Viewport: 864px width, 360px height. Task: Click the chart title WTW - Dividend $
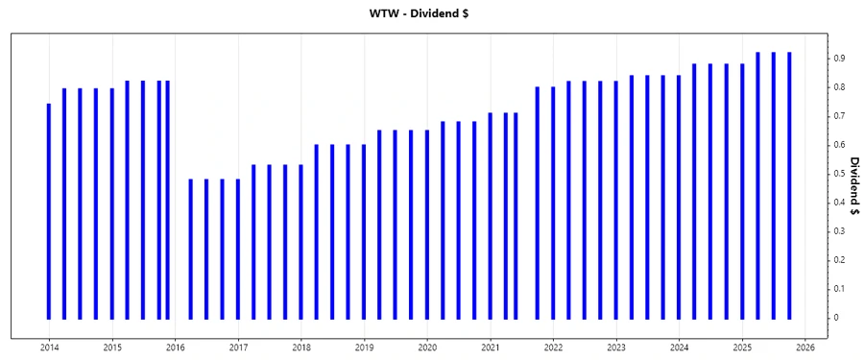pos(431,13)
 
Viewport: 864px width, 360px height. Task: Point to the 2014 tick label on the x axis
pos(49,347)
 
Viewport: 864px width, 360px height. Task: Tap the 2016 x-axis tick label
pos(175,347)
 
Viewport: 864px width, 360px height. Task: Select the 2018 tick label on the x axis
pos(300,347)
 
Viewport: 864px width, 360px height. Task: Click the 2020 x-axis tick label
pos(427,347)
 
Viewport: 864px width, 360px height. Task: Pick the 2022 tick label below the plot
pos(553,347)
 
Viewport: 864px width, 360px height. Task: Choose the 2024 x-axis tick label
pos(679,347)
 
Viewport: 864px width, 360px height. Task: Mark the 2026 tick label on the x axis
pos(804,347)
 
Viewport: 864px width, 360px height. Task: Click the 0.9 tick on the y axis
pos(837,59)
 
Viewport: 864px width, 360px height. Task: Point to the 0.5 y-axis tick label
pos(837,174)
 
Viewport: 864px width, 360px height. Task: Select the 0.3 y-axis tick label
pos(837,231)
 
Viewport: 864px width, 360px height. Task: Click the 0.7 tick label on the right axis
pos(837,116)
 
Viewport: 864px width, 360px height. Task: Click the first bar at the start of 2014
pos(49,211)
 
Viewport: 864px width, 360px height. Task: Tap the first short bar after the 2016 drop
pos(190,249)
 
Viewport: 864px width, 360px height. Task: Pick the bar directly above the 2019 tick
pos(364,231)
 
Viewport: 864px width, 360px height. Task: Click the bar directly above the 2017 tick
pos(238,249)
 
